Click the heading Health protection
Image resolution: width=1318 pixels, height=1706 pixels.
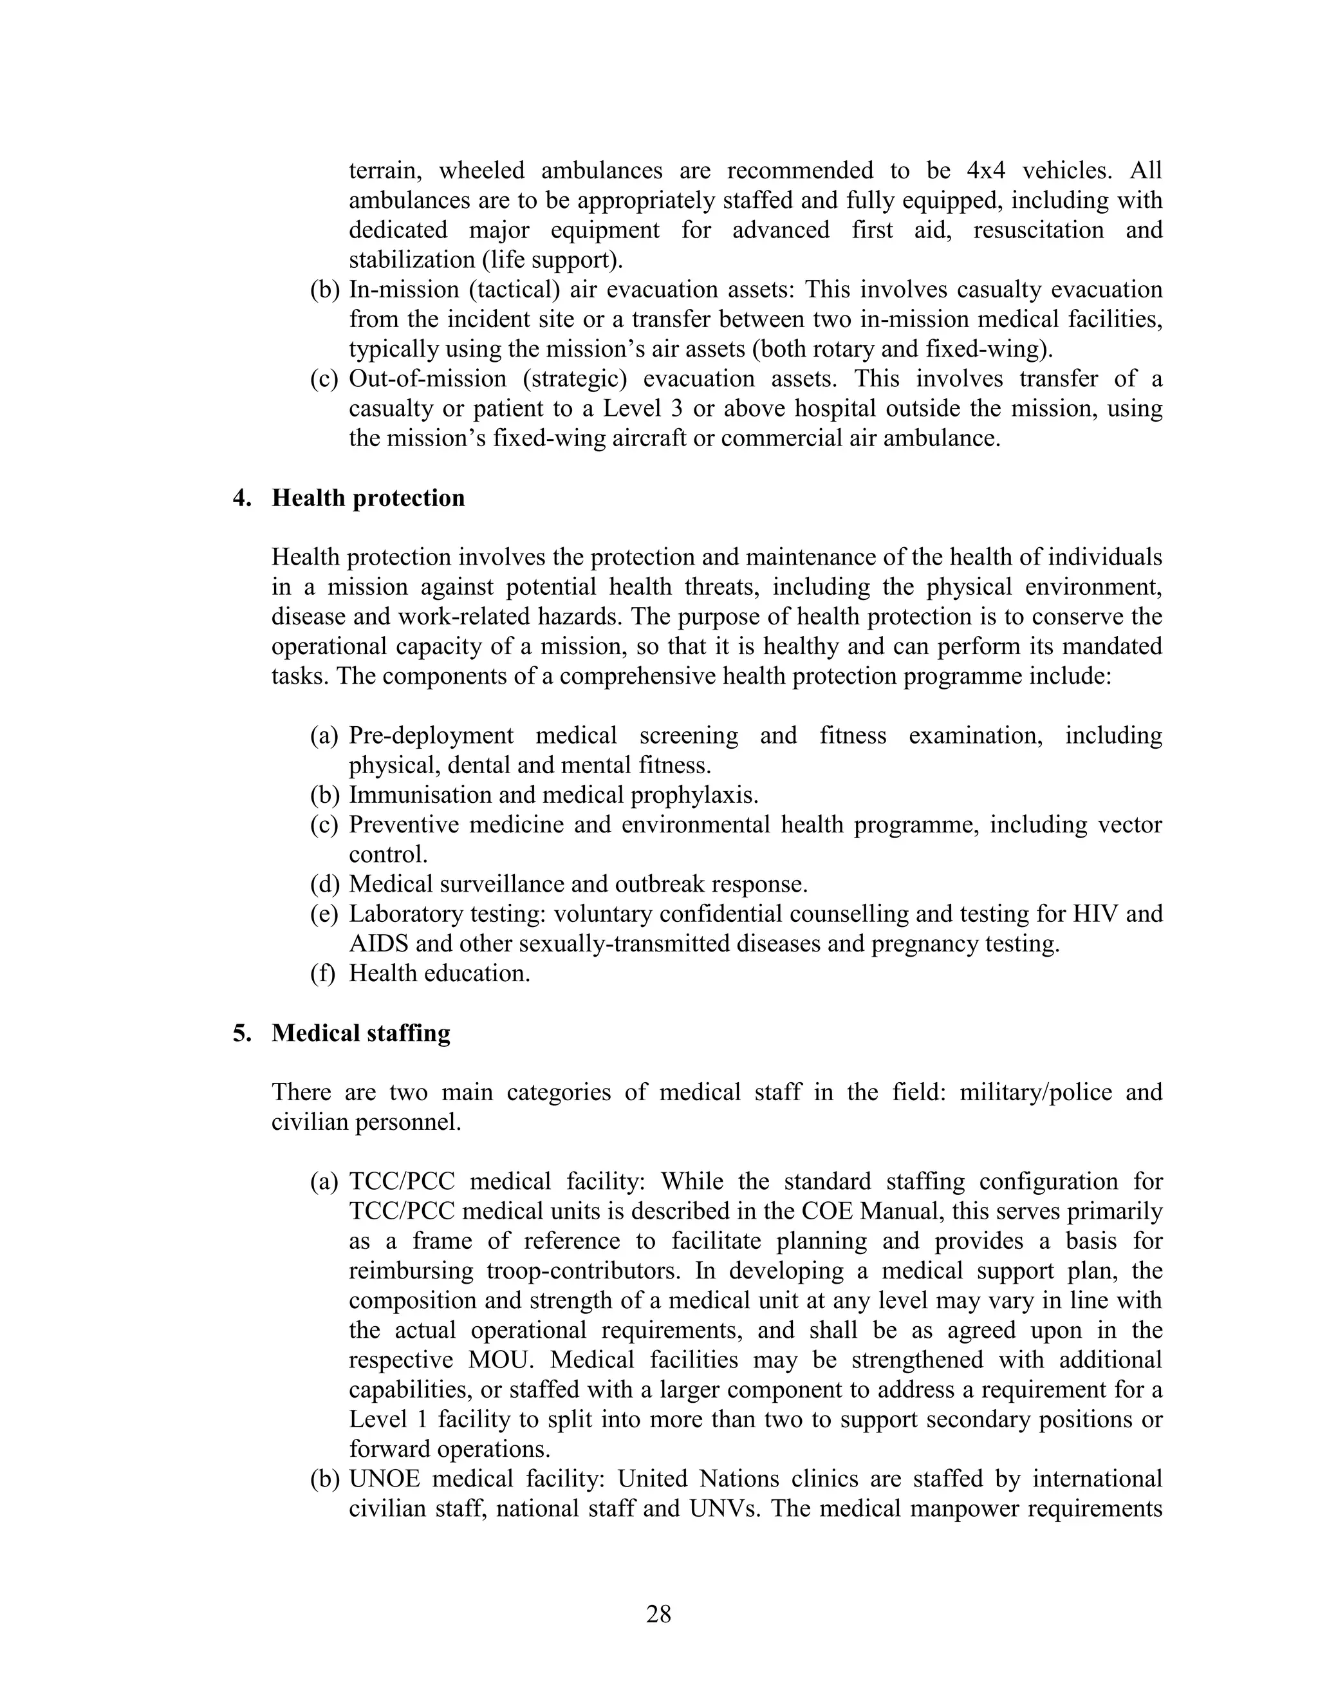point(367,498)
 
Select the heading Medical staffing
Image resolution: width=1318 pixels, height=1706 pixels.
point(361,1033)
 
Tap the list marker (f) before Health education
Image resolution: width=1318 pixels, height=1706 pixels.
point(322,973)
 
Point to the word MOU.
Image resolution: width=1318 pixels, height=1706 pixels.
point(501,1359)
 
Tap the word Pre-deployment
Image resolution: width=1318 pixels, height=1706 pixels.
point(431,735)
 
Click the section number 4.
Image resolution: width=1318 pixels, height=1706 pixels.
point(241,498)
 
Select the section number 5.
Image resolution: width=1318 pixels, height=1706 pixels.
point(241,1033)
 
